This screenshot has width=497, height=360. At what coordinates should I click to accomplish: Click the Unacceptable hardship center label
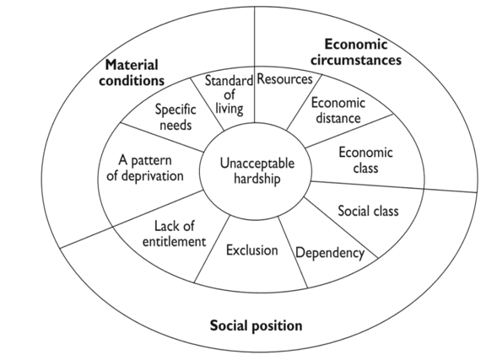click(257, 171)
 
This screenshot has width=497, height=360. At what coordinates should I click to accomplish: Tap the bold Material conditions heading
click(132, 73)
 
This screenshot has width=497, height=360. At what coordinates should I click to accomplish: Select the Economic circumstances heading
click(355, 52)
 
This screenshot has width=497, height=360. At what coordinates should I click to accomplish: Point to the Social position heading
click(257, 325)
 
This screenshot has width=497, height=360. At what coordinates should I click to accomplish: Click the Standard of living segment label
click(229, 94)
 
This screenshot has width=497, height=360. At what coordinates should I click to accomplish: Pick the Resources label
click(284, 79)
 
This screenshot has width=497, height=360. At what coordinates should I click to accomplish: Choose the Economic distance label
click(338, 110)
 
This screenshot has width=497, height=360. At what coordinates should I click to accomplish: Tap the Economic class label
click(365, 160)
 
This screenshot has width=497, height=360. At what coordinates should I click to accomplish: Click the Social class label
click(368, 211)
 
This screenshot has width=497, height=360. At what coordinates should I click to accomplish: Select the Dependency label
click(330, 253)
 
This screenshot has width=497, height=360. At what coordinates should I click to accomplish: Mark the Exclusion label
click(252, 250)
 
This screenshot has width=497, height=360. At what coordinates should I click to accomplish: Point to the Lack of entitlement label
click(174, 234)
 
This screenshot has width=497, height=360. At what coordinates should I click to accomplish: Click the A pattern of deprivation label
click(145, 168)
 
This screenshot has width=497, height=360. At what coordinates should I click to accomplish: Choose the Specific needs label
click(176, 117)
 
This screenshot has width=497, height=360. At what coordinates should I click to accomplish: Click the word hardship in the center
click(257, 179)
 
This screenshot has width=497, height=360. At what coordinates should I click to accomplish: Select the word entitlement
click(174, 242)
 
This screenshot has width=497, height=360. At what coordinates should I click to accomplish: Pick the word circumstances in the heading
click(356, 60)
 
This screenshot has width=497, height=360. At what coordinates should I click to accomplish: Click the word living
click(230, 109)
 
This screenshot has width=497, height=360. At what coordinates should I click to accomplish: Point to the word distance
click(338, 118)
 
